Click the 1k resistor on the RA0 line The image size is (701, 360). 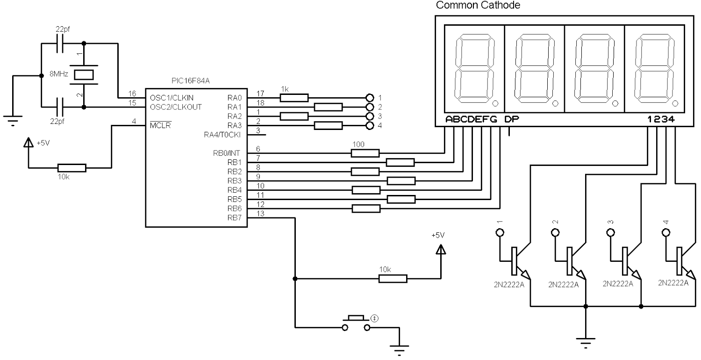(294, 98)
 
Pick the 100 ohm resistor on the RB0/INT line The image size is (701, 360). (365, 153)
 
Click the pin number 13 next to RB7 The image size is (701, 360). (261, 213)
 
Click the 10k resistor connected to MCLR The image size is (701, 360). (72, 168)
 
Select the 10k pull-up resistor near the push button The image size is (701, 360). (393, 279)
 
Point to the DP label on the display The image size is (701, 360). (511, 119)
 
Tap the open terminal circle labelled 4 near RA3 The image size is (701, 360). (370, 125)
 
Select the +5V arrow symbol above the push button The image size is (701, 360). (440, 250)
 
